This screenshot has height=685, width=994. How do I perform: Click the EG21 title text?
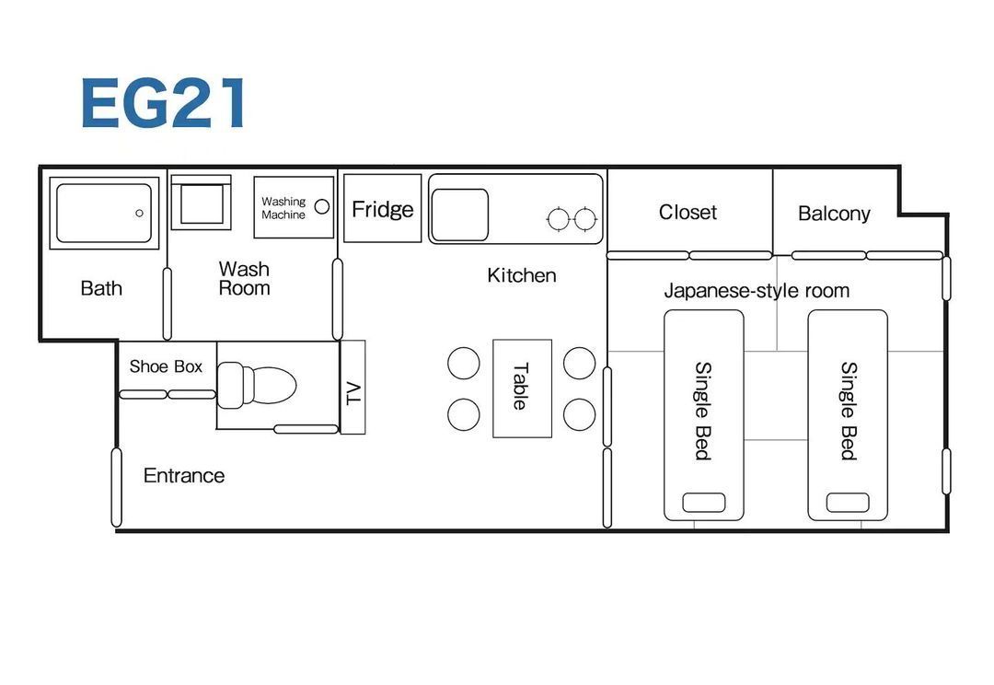tap(164, 103)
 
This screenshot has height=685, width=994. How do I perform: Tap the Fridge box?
tap(382, 208)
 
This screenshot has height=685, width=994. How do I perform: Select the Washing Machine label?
tap(283, 208)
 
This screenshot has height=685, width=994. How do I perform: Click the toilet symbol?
tap(256, 384)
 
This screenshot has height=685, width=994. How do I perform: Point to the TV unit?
tap(353, 387)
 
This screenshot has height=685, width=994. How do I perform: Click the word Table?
tap(520, 387)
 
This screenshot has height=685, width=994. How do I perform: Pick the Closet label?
tap(688, 212)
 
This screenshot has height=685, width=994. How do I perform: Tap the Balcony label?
tap(834, 214)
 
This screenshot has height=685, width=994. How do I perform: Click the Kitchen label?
tap(522, 275)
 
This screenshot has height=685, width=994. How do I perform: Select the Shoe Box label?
tap(166, 366)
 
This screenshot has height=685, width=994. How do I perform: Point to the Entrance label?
tap(184, 476)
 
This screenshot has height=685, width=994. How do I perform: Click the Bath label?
tap(101, 288)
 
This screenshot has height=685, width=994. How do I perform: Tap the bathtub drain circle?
tap(140, 213)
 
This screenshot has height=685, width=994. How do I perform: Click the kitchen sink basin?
tap(459, 215)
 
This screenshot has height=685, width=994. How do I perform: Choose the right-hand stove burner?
tap(584, 219)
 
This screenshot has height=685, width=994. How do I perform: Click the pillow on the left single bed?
tap(704, 503)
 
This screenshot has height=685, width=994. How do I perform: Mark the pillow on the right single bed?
tap(848, 503)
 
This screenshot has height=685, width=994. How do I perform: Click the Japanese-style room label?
tap(757, 291)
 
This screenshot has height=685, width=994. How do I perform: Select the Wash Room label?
tap(244, 278)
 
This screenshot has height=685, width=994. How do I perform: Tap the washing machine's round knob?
tap(322, 206)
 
